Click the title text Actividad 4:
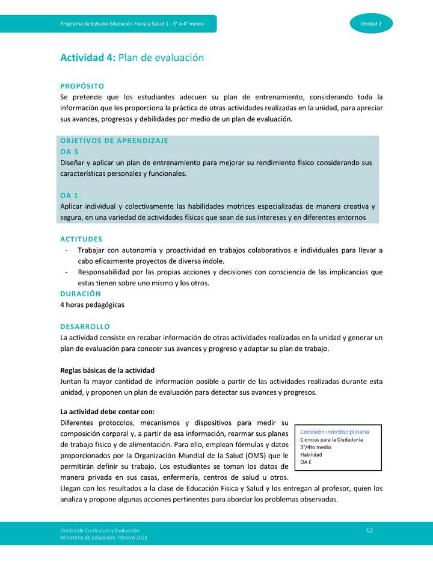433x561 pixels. pyautogui.click(x=87, y=58)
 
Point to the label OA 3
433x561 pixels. pyautogui.click(x=69, y=152)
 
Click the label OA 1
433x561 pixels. pyautogui.click(x=69, y=196)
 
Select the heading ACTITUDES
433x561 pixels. pyautogui.click(x=81, y=239)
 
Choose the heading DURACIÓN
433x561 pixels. pyautogui.click(x=81, y=294)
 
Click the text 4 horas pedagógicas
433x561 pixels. pyautogui.click(x=92, y=305)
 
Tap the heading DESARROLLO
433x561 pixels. pyautogui.click(x=85, y=326)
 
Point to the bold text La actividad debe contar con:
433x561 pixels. pyautogui.click(x=108, y=412)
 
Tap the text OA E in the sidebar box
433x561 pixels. pyautogui.click(x=306, y=462)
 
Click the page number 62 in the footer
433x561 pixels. pyautogui.click(x=369, y=530)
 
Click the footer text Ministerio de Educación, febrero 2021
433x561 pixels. pyautogui.click(x=103, y=538)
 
